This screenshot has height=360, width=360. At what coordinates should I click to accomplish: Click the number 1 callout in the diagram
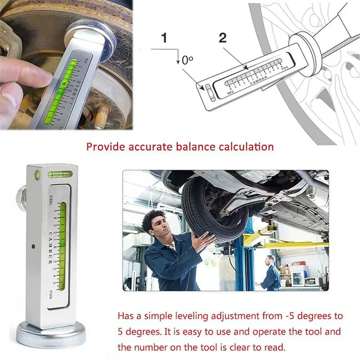[164, 38]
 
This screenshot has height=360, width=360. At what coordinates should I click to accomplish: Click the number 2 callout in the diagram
[222, 38]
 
